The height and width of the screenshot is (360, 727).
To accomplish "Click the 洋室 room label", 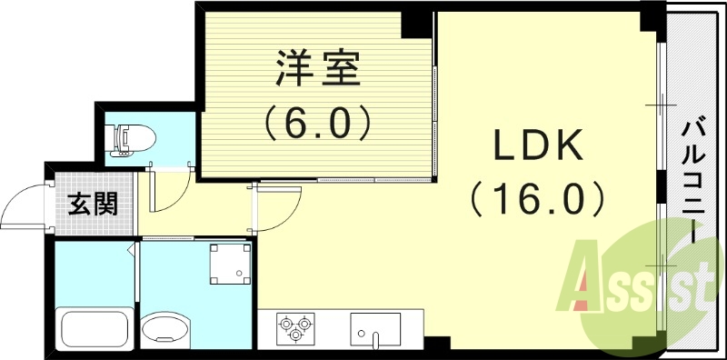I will point(317,69).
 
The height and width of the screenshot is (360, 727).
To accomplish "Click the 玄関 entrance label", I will point(92,204).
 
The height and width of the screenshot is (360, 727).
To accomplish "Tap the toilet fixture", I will point(132,139).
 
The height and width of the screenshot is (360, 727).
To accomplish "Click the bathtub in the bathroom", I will point(94,328).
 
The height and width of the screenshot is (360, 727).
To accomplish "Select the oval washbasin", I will point(165,328).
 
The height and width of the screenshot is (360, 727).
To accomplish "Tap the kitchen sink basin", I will point(374,328).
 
